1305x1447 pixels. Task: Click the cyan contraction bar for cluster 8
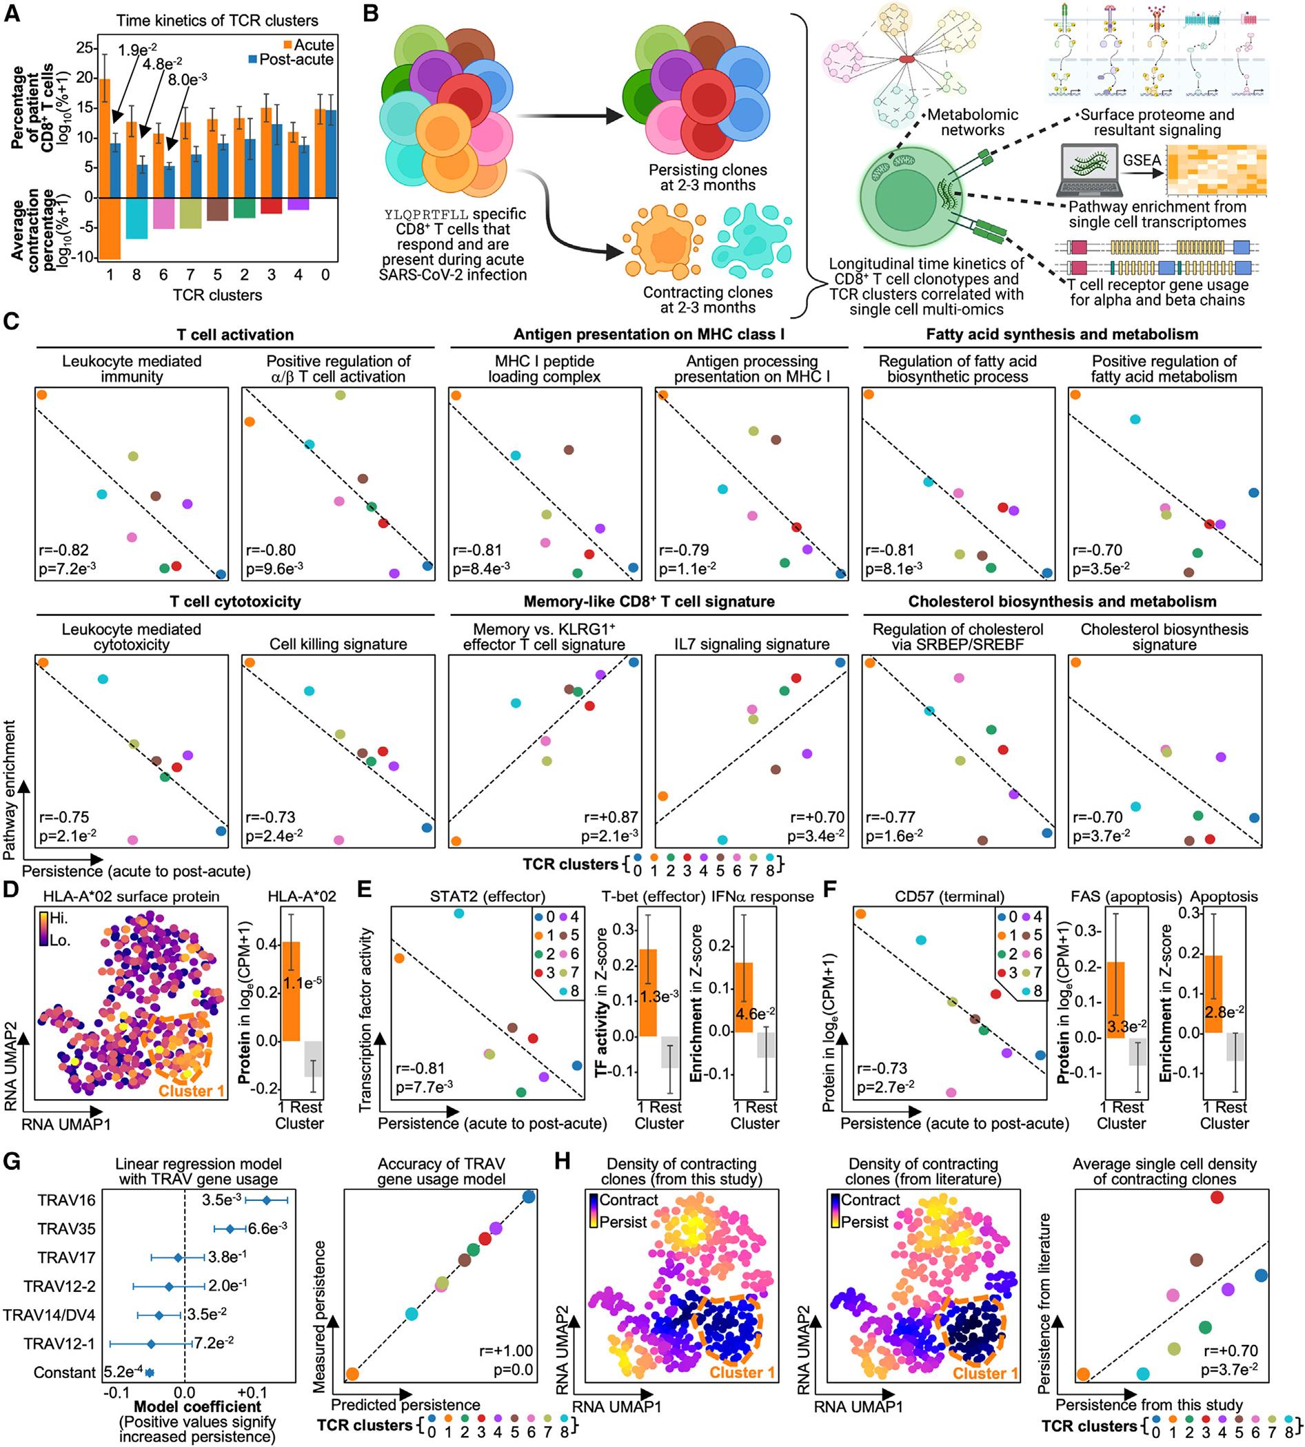[136, 218]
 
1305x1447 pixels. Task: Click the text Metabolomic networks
[972, 123]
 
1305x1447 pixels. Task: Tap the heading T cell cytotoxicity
[235, 602]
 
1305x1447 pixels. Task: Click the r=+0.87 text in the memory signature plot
[609, 817]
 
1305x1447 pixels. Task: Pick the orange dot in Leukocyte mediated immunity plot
[41, 395]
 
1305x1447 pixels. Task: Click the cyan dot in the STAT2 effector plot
[459, 913]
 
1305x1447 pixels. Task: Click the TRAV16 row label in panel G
[67, 1200]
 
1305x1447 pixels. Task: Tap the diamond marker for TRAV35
[230, 1229]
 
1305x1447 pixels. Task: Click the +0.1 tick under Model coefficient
[252, 1393]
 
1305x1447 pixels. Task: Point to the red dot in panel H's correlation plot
[1216, 1197]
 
